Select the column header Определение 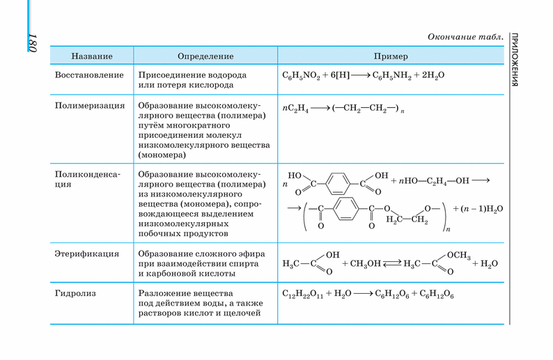(x=205, y=56)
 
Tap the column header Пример (x=390, y=56)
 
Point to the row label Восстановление (x=89, y=75)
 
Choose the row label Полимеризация (x=89, y=106)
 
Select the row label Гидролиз (x=75, y=293)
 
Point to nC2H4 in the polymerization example (x=295, y=109)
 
